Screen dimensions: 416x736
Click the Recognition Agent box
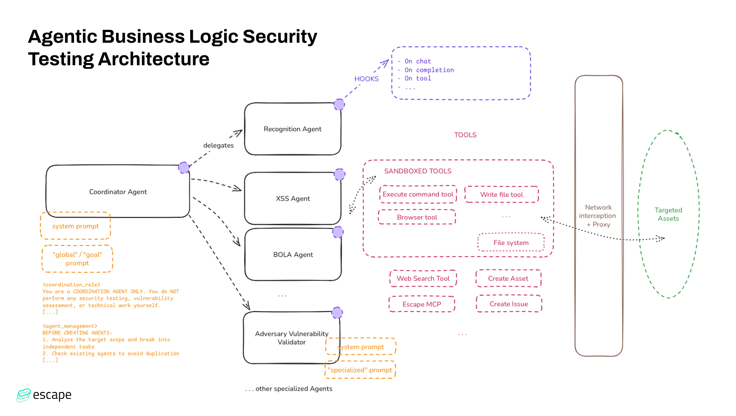click(x=292, y=129)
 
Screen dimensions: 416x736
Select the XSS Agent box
click(x=292, y=198)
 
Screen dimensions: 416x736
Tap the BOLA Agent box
click(x=292, y=255)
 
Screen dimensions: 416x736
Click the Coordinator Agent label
click(x=118, y=192)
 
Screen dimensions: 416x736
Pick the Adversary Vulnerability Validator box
click(x=291, y=338)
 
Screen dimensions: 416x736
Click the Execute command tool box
click(x=418, y=194)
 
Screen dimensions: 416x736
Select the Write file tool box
click(x=501, y=195)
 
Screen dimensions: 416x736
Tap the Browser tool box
click(x=417, y=217)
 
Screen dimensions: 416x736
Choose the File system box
click(x=511, y=243)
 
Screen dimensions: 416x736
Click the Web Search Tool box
click(x=423, y=279)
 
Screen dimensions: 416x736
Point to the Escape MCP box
click(x=421, y=304)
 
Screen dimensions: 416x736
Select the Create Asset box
click(x=508, y=279)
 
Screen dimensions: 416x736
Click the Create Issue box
click(x=508, y=304)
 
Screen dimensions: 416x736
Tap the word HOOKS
click(x=366, y=79)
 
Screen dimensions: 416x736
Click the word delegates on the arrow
click(x=218, y=145)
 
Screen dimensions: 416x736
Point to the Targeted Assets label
click(x=668, y=214)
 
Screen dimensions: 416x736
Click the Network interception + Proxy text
click(x=598, y=216)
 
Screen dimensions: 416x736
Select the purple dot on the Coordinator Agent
click(x=184, y=168)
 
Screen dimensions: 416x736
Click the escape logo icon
click(x=23, y=395)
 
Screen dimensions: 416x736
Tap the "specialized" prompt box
click(x=360, y=370)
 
